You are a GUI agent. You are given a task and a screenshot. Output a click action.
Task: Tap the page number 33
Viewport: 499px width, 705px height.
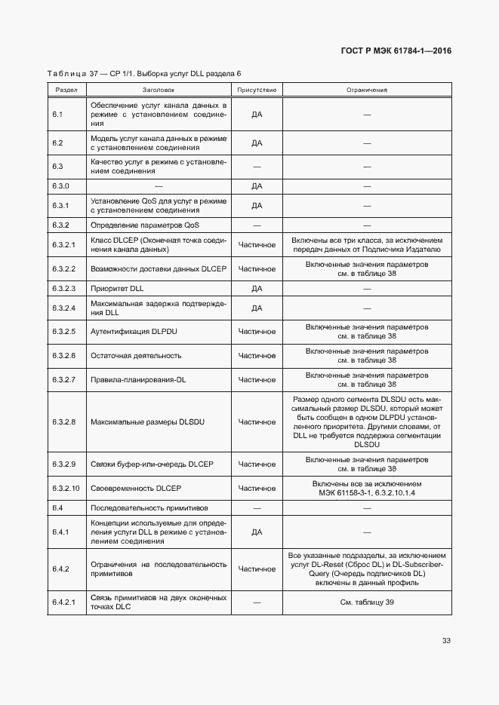pyautogui.click(x=446, y=641)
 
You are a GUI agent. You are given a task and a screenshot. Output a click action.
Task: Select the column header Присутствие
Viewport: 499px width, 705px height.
pyautogui.click(x=257, y=90)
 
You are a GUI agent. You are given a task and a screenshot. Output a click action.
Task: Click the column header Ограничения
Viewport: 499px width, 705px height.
pyautogui.click(x=367, y=90)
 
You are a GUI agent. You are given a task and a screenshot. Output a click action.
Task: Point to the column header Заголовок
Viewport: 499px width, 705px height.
pyautogui.click(x=159, y=90)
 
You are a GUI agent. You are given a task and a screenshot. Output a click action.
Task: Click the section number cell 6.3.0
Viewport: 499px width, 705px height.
pyautogui.click(x=61, y=185)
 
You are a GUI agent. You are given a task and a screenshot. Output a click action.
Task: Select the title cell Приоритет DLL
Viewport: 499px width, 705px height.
pyautogui.click(x=117, y=288)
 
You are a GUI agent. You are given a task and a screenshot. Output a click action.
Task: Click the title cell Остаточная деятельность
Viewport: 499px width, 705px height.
pyautogui.click(x=136, y=355)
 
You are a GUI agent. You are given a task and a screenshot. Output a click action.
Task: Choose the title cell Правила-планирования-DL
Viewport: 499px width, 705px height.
pyautogui.click(x=138, y=379)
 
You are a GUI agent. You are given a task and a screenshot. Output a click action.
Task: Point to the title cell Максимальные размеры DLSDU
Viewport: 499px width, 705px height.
pyautogui.click(x=148, y=422)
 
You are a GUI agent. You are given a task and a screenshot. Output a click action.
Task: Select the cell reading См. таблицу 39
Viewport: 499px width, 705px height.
pyautogui.click(x=367, y=602)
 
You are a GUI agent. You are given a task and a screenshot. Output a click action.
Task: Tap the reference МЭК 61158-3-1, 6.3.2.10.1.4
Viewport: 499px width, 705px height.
pyautogui.click(x=367, y=492)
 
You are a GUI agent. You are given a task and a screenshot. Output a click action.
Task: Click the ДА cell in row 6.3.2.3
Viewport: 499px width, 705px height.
pyautogui.click(x=257, y=288)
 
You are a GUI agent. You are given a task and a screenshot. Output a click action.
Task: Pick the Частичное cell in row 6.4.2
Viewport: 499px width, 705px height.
pyautogui.click(x=257, y=569)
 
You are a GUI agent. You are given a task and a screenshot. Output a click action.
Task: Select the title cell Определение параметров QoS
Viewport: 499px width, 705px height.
pyautogui.click(x=145, y=225)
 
